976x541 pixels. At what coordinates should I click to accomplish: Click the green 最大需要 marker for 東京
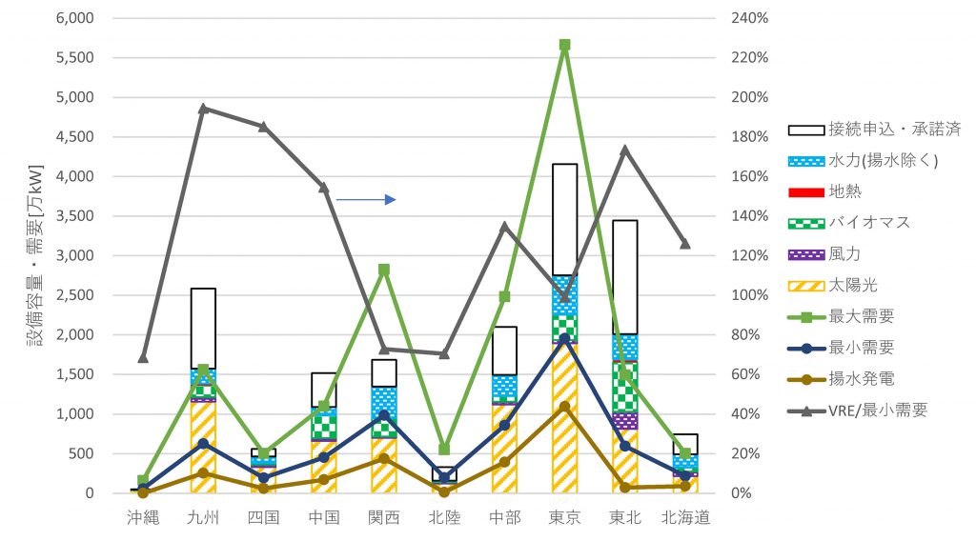(x=564, y=45)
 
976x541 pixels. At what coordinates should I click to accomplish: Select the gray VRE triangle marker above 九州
(x=203, y=109)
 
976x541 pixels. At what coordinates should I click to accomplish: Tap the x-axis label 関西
(x=384, y=519)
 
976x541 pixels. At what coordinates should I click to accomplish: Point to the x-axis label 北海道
(x=684, y=519)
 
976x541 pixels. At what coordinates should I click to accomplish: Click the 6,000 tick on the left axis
(x=74, y=18)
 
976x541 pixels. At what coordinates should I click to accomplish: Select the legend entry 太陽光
(x=842, y=285)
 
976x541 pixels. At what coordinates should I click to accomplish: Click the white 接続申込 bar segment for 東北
(x=624, y=276)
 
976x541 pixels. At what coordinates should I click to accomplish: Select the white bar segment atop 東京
(x=564, y=219)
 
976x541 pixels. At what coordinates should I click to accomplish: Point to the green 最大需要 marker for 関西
(x=384, y=270)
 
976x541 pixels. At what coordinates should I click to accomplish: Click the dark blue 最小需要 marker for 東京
(x=564, y=338)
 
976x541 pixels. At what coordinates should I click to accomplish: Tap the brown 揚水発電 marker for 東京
(x=564, y=407)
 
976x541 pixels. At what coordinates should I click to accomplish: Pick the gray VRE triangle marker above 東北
(x=624, y=150)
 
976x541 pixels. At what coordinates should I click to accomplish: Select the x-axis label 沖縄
(x=143, y=519)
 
